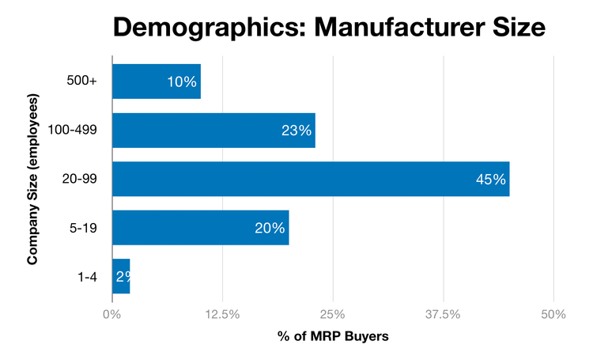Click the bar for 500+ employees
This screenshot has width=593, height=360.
[x=156, y=81]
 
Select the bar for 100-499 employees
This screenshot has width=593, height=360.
[x=213, y=131]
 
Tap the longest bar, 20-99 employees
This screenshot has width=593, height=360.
[x=311, y=179]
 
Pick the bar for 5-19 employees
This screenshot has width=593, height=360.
[x=200, y=228]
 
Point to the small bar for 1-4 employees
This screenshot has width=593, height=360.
[x=120, y=276]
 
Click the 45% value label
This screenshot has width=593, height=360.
[x=490, y=180]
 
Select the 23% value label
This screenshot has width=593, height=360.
[x=296, y=131]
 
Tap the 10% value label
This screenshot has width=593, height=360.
[x=182, y=81]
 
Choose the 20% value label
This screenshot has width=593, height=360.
[x=270, y=228]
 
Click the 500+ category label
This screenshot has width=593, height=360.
[x=82, y=81]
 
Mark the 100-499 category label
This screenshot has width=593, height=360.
[x=72, y=131]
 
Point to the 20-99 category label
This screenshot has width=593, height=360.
[x=77, y=180]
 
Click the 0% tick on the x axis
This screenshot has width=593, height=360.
[x=112, y=314]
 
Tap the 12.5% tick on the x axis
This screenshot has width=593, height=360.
[x=222, y=314]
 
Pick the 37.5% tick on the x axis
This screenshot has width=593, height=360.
[x=444, y=314]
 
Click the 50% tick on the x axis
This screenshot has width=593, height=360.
[x=553, y=314]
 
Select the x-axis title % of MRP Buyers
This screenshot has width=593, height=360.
[x=333, y=336]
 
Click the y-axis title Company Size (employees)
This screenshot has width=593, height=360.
[x=33, y=180]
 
